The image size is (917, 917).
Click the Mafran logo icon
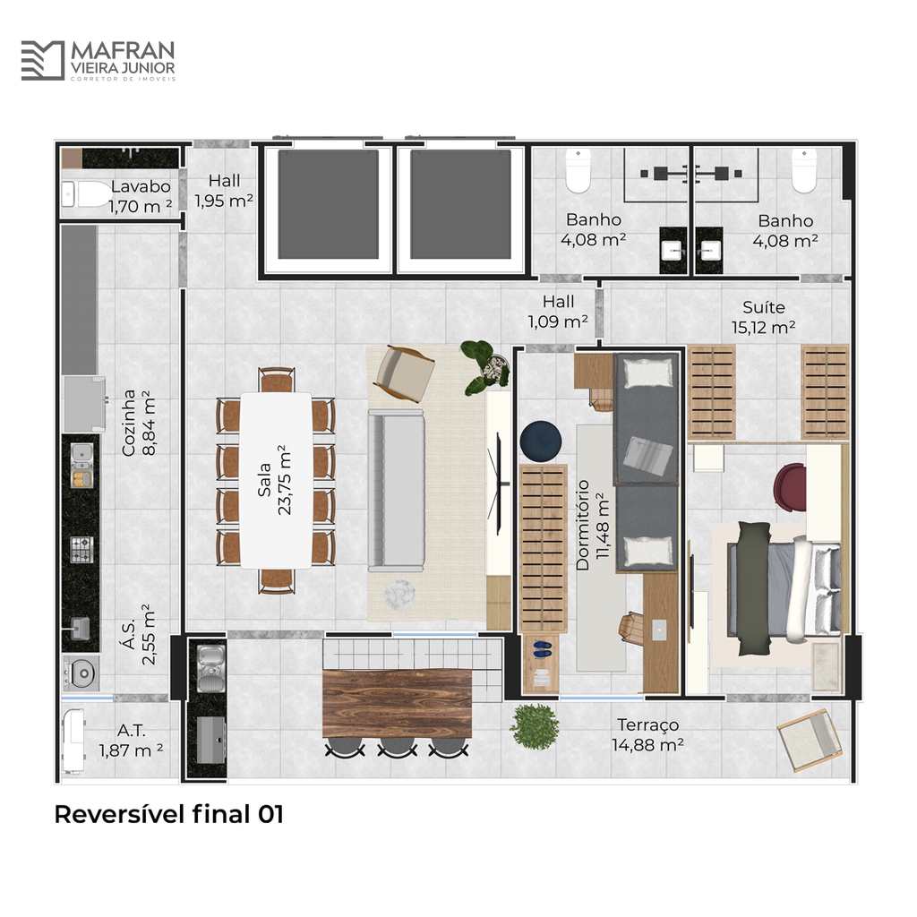coord(43,60)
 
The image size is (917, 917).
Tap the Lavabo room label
coord(141,186)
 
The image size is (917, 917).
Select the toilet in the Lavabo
coord(86,193)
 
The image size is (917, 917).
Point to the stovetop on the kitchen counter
coord(81,549)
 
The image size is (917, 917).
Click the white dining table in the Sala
coord(276,480)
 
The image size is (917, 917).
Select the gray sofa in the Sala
coord(396,490)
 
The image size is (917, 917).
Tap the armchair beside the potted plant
coord(406,373)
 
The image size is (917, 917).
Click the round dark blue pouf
coord(541,441)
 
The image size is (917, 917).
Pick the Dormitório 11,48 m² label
coord(593,525)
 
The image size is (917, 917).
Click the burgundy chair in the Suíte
coord(790,484)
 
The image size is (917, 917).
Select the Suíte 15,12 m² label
coord(763,317)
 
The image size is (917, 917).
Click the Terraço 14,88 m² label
coord(648,734)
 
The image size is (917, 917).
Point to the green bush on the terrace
coord(535,726)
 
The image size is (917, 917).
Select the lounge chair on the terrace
coord(810,740)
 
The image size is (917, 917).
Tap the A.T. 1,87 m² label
coord(131,741)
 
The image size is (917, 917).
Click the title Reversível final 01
coord(169,814)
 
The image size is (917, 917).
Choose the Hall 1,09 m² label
coord(558,311)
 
